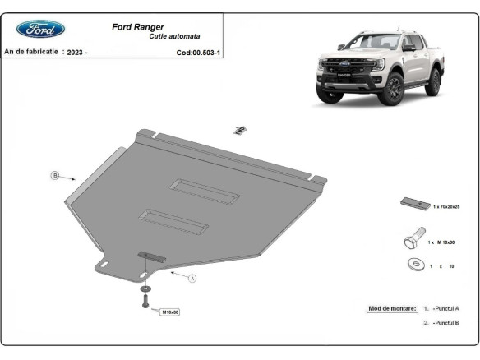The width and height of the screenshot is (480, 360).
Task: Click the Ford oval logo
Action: point(40,30)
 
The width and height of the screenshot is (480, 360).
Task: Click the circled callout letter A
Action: point(192,279)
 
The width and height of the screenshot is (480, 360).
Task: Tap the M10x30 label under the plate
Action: point(170,312)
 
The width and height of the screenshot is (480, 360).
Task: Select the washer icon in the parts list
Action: point(414,265)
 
